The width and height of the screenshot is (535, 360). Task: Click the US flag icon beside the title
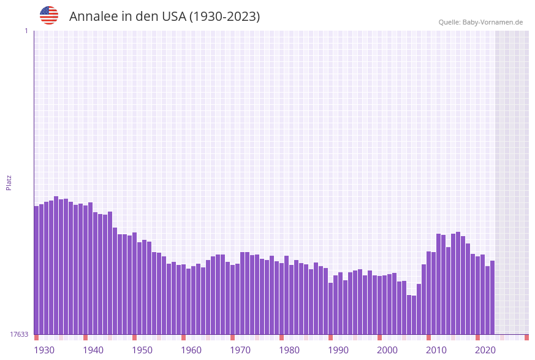pos(49,15)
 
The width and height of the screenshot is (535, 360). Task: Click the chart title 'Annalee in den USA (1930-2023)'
pos(164,17)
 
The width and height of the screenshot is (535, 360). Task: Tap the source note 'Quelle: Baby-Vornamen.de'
pos(480,22)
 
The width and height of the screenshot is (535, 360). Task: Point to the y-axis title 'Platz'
pos(9,182)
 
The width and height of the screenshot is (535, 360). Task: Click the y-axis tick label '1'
pos(26,31)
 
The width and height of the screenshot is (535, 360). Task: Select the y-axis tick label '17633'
pos(19,334)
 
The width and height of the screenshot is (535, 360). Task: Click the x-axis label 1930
pos(44,350)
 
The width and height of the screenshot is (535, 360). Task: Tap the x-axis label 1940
pos(93,350)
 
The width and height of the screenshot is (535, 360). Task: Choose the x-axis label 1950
pos(142,350)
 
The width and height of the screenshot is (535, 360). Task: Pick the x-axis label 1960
pos(191,350)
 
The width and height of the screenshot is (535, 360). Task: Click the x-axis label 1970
pos(240,350)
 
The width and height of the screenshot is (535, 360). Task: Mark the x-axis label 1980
pos(289,350)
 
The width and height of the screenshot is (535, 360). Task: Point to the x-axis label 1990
pos(338,350)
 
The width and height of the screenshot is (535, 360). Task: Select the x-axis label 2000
pos(387,350)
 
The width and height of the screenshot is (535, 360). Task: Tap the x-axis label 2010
pos(436,350)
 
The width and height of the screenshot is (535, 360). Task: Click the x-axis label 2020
pos(485,350)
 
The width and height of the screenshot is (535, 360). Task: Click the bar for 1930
pos(37,270)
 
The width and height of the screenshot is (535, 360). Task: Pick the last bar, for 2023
pos(492,297)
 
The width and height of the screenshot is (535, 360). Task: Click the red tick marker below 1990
pos(331,337)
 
